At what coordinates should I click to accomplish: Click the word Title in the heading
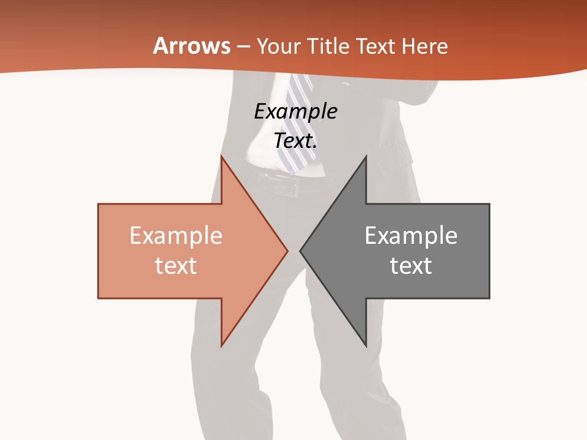tap(330, 46)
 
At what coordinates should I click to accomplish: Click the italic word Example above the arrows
tap(295, 111)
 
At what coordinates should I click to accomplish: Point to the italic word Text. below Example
tap(295, 141)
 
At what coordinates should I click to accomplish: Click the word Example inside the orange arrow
tap(176, 236)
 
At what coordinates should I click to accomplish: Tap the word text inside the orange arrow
tap(176, 266)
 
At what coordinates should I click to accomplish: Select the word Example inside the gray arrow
tap(411, 236)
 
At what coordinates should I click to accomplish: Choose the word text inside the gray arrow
tap(411, 266)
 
